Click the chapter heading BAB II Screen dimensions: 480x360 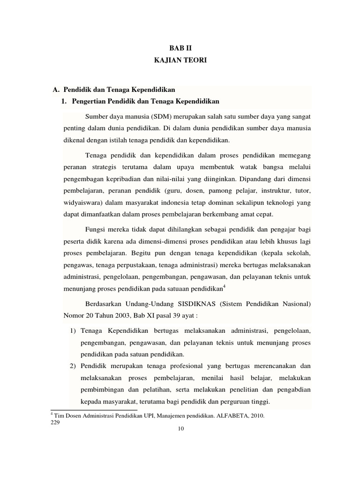pos(180,47)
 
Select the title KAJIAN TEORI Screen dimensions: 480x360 pos(180,60)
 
